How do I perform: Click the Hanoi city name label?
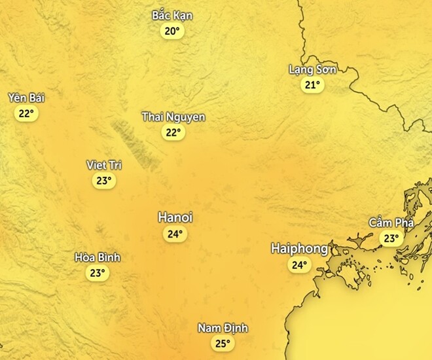click(x=175, y=217)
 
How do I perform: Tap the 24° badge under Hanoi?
click(x=175, y=234)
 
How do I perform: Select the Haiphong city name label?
click(x=299, y=249)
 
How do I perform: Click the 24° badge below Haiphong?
click(x=299, y=265)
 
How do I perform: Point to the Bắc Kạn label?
click(x=172, y=15)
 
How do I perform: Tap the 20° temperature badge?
click(x=172, y=31)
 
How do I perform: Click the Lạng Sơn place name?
click(x=312, y=69)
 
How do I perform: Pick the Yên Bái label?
click(x=26, y=98)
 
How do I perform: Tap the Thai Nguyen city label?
click(x=173, y=117)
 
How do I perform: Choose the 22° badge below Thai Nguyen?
click(x=173, y=132)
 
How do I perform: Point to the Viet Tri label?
click(x=104, y=165)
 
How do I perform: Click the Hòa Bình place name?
click(x=98, y=257)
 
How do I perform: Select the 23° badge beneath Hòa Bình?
click(x=98, y=273)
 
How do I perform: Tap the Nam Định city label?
click(x=223, y=329)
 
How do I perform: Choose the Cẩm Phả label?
click(x=391, y=223)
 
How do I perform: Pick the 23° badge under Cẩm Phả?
click(x=391, y=239)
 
